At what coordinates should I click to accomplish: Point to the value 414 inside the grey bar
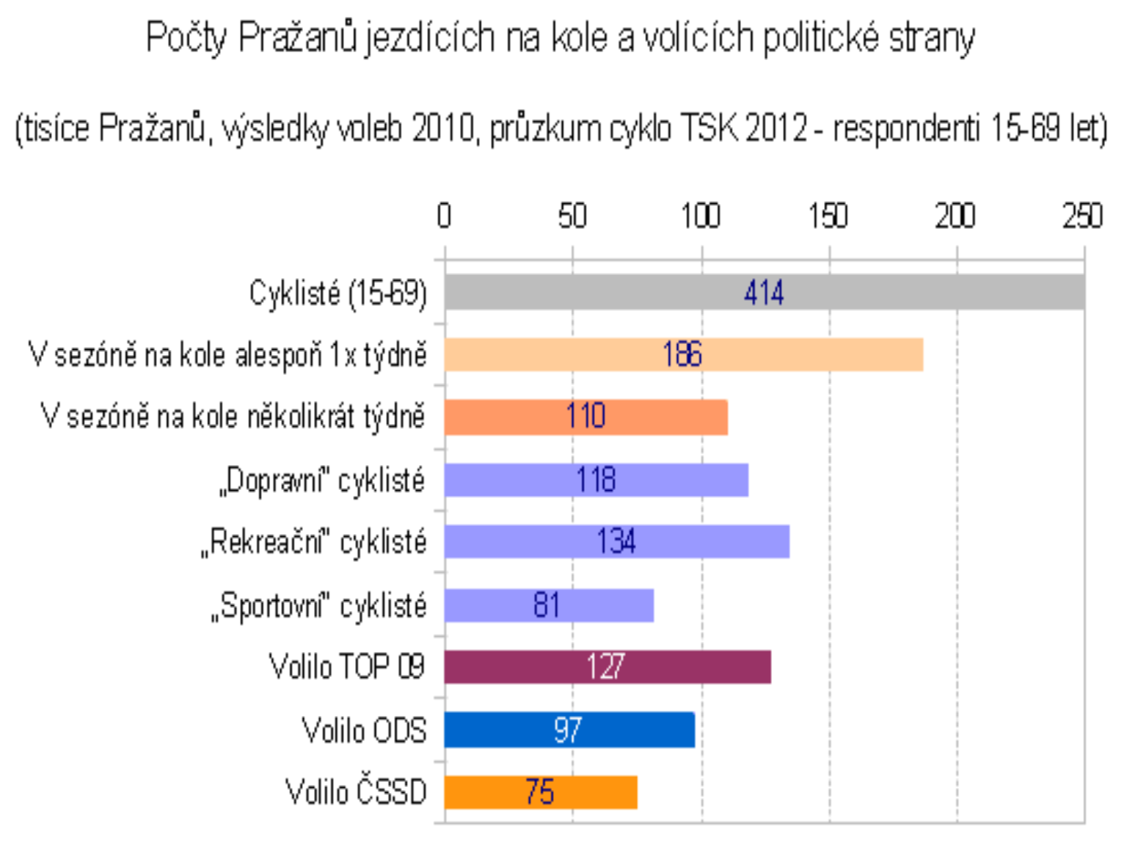pos(764,293)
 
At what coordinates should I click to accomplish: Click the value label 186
pos(682,355)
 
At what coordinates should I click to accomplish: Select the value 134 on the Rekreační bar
pos(616,542)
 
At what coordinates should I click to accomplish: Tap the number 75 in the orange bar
pos(539,792)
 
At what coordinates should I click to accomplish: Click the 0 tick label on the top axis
pos(444,216)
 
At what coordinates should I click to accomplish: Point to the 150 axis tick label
pos(828,216)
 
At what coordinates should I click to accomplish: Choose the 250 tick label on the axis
pos(1082,216)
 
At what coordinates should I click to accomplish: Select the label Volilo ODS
pos(364,731)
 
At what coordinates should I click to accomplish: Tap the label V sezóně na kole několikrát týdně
pos(233,417)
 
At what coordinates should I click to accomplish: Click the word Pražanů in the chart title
pos(297,38)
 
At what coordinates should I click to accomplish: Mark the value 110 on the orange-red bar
pos(586,417)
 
